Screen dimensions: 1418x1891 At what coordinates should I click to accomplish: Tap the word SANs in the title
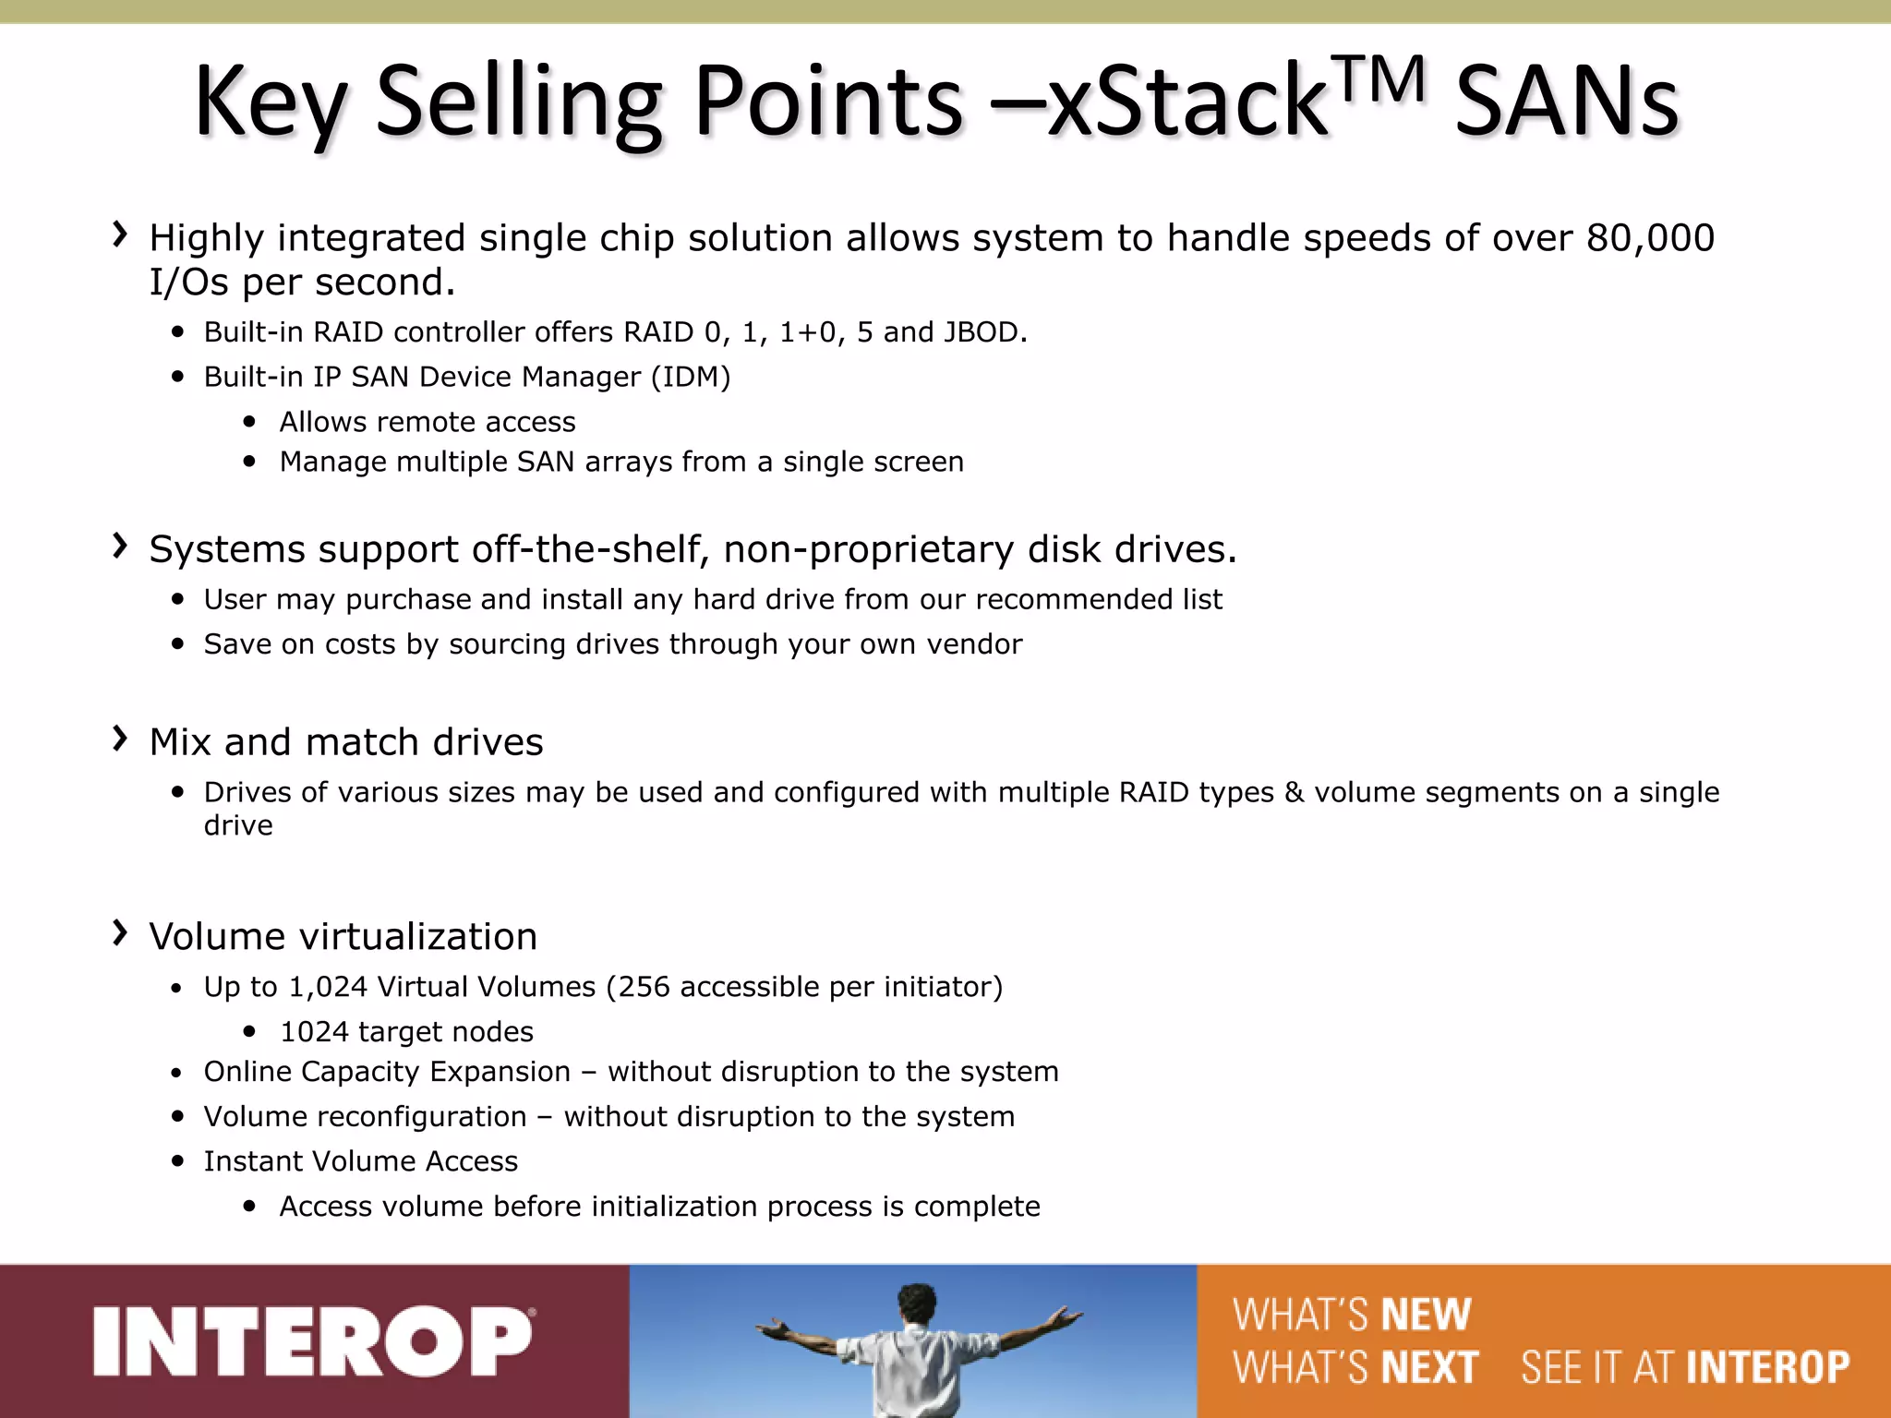(1566, 102)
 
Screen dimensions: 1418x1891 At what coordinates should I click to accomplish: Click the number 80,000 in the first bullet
(1650, 238)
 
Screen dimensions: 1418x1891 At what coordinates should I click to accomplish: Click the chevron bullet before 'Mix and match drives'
(119, 738)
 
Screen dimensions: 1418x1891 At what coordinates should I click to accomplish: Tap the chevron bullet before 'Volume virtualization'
(119, 932)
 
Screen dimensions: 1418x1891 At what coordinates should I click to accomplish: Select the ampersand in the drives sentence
(1294, 793)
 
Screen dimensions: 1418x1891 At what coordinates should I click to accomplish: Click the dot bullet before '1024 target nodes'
(249, 1031)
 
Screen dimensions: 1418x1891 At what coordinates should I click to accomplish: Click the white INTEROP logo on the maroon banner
(314, 1340)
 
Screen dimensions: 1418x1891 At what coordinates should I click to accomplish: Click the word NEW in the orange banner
(1425, 1315)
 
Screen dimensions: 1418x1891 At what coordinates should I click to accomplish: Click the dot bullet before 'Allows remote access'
(249, 422)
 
